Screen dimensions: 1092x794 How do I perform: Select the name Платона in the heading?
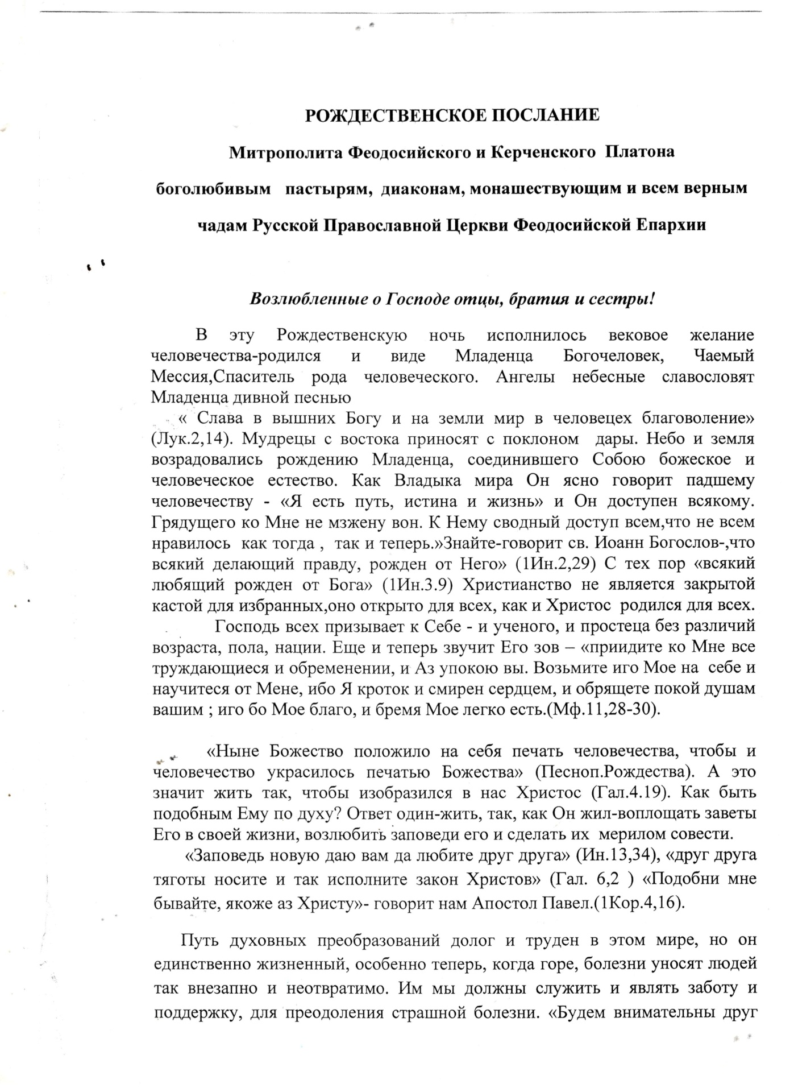coord(641,152)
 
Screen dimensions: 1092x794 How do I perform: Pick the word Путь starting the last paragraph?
coord(197,940)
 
